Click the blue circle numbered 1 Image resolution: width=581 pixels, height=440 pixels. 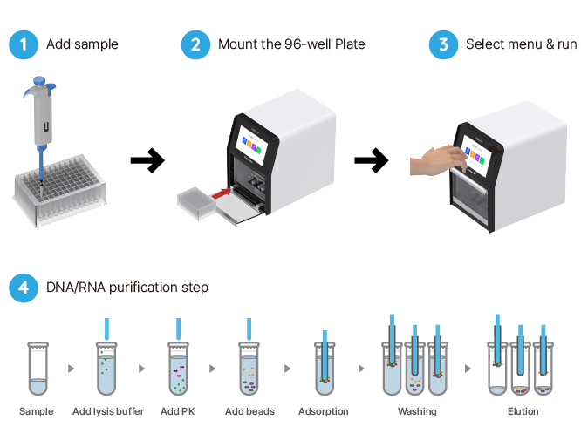pyautogui.click(x=24, y=44)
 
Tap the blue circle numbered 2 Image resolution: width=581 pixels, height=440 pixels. pyautogui.click(x=195, y=44)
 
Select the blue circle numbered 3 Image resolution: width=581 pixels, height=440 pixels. pyautogui.click(x=443, y=44)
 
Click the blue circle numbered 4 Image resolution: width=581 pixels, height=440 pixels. pyautogui.click(x=24, y=287)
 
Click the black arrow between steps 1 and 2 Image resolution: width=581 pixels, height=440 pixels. pyautogui.click(x=147, y=159)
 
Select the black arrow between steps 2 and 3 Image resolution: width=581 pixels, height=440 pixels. pyautogui.click(x=372, y=159)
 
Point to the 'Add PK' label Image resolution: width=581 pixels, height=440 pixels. pyautogui.click(x=178, y=411)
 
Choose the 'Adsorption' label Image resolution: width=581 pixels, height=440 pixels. pyautogui.click(x=324, y=411)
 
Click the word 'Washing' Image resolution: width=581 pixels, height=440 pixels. pyautogui.click(x=416, y=411)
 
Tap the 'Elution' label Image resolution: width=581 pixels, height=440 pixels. pyautogui.click(x=523, y=411)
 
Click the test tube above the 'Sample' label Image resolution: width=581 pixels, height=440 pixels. pyautogui.click(x=37, y=370)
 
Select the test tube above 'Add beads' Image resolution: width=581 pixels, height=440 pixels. pyautogui.click(x=249, y=370)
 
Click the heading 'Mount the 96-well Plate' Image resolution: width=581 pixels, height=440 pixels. pyautogui.click(x=291, y=44)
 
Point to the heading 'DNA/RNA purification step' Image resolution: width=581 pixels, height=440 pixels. pyautogui.click(x=127, y=288)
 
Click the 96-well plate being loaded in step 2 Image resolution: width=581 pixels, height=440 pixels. pyautogui.click(x=195, y=202)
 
